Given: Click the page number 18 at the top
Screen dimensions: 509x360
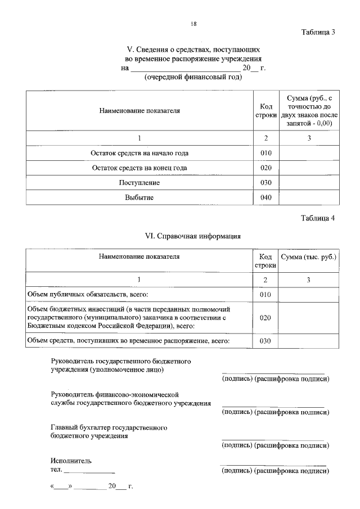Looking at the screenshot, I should (x=193, y=24).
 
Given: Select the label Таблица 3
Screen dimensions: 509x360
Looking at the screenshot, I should (x=318, y=31).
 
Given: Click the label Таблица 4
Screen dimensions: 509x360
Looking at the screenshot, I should (x=318, y=219).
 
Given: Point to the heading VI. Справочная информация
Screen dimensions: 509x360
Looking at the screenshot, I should (x=193, y=236).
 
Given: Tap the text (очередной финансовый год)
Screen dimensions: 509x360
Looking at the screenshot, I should (x=193, y=77).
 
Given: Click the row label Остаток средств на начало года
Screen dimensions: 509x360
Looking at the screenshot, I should (x=139, y=153).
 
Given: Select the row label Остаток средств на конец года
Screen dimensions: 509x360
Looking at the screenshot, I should (x=139, y=168).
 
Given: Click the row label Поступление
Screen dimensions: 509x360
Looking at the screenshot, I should (x=139, y=183).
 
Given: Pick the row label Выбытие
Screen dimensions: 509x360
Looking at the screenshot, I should (x=139, y=197).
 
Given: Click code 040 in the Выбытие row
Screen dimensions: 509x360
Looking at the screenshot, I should (x=266, y=197).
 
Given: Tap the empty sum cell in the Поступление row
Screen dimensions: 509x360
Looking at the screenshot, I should (x=309, y=183).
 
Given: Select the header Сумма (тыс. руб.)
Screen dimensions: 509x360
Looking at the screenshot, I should (x=309, y=257).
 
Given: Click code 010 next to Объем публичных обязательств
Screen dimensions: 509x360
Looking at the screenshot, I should (x=265, y=294).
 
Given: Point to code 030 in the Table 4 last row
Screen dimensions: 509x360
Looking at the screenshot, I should (x=265, y=341).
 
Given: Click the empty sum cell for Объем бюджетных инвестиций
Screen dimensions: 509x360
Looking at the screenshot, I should (x=309, y=318).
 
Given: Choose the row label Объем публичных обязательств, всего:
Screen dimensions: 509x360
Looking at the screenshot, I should (x=91, y=294).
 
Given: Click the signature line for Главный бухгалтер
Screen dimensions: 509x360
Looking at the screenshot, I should (x=273, y=439).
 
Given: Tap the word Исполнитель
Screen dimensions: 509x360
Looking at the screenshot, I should (x=67, y=461).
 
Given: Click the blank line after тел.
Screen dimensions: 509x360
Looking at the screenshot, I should (x=89, y=471).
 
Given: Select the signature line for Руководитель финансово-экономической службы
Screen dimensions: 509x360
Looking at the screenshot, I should (x=273, y=406).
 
